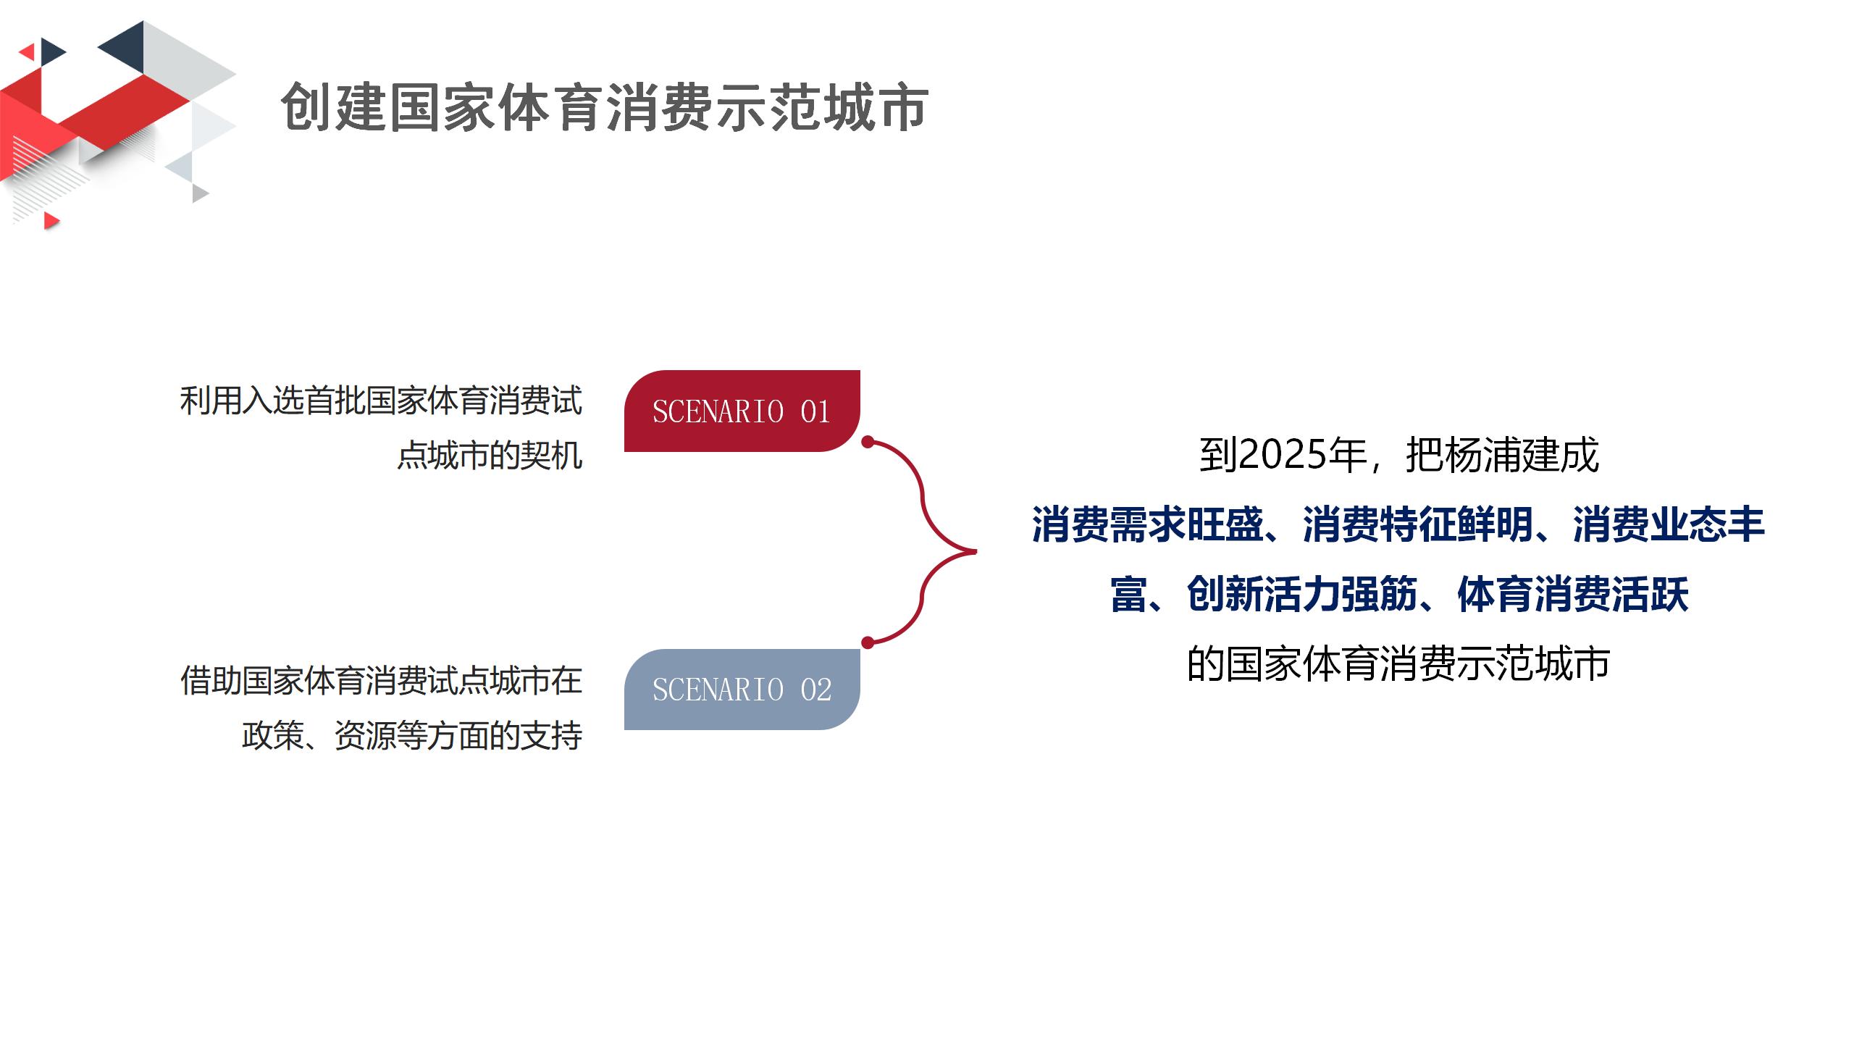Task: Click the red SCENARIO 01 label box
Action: point(742,411)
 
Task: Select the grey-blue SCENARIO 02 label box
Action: point(742,689)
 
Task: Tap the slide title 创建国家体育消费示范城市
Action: point(605,107)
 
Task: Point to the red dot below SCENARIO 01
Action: point(868,441)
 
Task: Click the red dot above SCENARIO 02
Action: point(868,642)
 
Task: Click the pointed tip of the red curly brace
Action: point(976,551)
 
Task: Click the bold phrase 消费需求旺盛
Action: point(1148,524)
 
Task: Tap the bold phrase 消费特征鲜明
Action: point(1418,524)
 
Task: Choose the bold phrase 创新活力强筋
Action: point(1302,595)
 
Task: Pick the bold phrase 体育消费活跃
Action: point(1573,595)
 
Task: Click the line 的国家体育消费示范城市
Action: point(1398,663)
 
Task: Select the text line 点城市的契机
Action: point(490,456)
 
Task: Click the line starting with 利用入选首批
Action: point(381,401)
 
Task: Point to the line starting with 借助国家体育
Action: point(381,681)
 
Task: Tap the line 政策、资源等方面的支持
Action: point(412,736)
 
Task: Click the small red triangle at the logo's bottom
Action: point(51,220)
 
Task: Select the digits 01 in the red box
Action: point(815,411)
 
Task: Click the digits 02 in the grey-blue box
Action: point(815,690)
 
